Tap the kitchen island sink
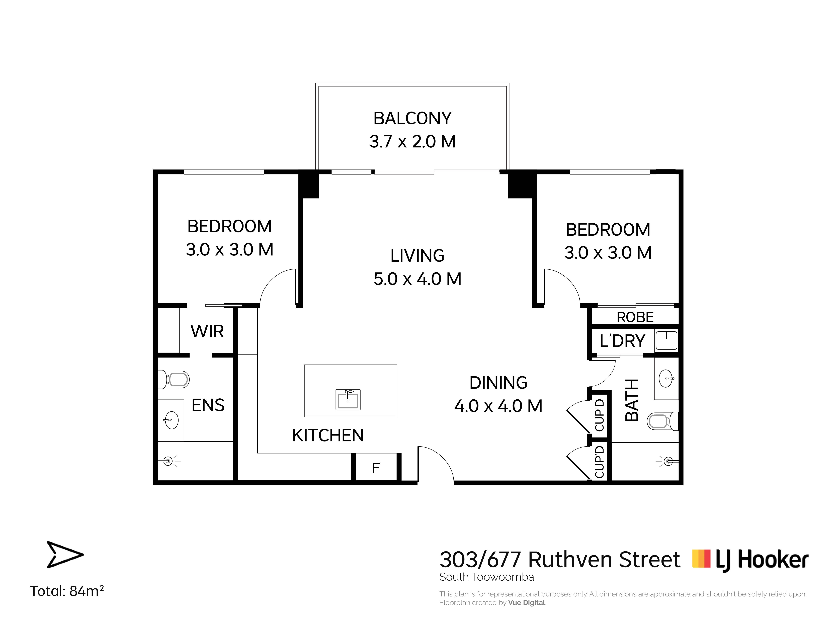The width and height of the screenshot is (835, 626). (348, 400)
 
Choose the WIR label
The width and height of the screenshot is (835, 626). (207, 331)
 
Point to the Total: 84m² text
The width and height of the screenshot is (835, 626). (67, 591)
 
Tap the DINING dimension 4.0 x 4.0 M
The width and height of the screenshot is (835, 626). (498, 406)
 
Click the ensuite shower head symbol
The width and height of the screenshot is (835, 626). (168, 461)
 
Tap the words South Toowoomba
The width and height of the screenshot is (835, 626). (487, 577)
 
